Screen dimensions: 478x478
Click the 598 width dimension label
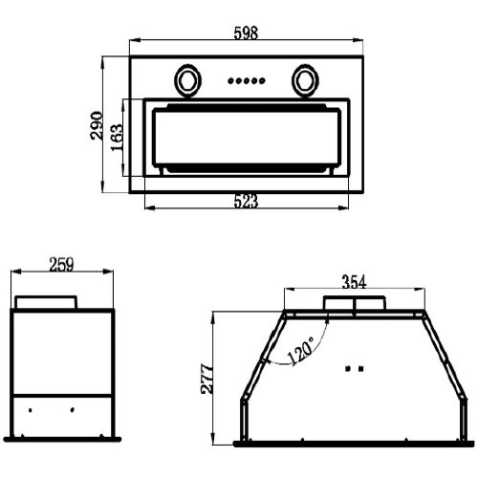coord(246,33)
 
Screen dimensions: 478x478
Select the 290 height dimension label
coord(97,125)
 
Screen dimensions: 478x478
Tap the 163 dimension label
coord(117,138)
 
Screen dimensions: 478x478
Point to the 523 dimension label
coord(246,202)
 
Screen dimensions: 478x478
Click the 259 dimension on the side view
coord(61,264)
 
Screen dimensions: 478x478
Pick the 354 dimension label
coord(354,282)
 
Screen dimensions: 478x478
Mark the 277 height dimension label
coord(207,379)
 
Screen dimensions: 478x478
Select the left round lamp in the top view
coord(187,80)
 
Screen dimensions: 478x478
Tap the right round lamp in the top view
coord(305,80)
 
